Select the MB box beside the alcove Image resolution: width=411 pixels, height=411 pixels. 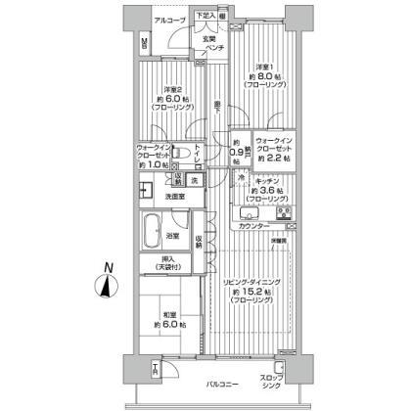click(x=144, y=43)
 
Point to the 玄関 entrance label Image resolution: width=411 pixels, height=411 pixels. click(x=207, y=40)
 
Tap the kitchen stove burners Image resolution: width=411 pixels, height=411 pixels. click(x=286, y=212)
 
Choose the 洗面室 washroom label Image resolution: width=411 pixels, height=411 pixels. click(x=177, y=197)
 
